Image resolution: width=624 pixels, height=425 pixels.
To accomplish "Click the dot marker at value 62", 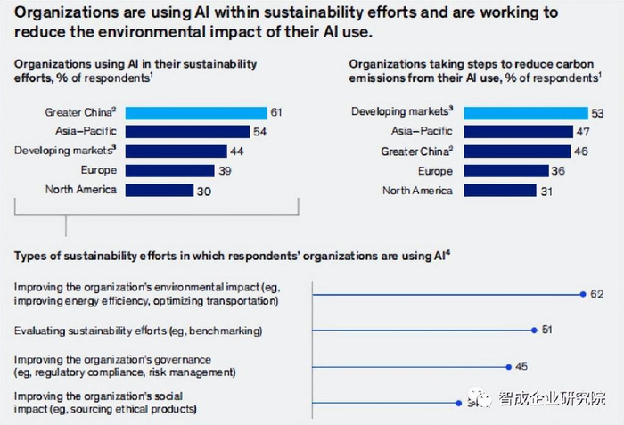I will (x=581, y=293).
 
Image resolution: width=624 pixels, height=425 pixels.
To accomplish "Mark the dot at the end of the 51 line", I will (x=533, y=330).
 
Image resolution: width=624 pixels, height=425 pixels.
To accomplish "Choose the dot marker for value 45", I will (x=508, y=365).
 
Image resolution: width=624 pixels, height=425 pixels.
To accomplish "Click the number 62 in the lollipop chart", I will (x=597, y=293).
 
